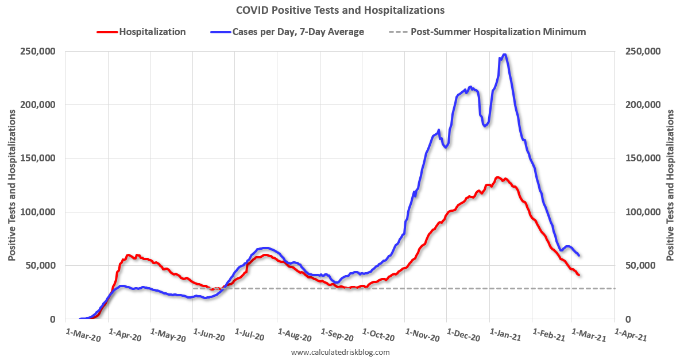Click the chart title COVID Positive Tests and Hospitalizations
(340, 10)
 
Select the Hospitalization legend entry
(152, 32)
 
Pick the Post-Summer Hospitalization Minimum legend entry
(498, 32)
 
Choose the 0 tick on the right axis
(628, 319)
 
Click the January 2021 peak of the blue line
(504, 55)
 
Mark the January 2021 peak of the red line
(497, 178)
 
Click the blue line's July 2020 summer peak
(264, 248)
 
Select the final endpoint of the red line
(579, 275)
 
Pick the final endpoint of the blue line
(579, 255)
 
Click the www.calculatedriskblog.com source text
(341, 352)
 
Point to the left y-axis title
(11, 185)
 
